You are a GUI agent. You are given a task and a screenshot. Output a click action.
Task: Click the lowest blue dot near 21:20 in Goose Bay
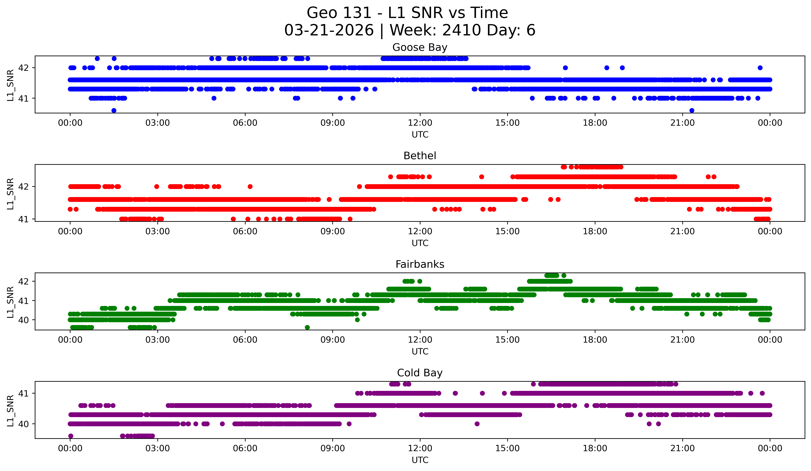tap(692, 110)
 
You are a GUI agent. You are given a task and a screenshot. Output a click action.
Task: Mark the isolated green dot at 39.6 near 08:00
tap(307, 327)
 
